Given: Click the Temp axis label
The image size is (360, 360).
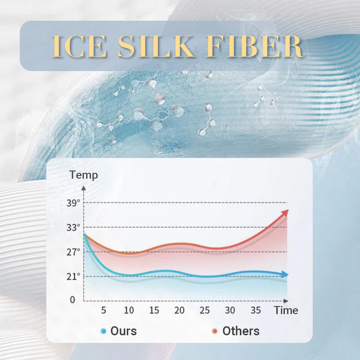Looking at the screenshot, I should pos(84,175).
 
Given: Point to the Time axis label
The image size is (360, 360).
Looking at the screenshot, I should pos(286,310).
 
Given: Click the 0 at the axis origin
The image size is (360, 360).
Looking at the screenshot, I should pos(73,300).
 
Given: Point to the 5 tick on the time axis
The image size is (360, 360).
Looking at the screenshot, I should pos(104,310).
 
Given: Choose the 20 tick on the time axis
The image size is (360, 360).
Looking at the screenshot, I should pos(180,310).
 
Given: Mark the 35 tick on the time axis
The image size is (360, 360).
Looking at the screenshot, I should pos(256,310).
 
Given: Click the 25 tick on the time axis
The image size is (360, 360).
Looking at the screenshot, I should pos(205,310).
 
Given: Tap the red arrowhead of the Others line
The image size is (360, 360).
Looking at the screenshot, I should pos(285,212).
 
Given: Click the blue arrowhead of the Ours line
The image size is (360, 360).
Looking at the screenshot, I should pos(285,274).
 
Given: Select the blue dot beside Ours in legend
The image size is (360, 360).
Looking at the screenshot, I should pos(103,331).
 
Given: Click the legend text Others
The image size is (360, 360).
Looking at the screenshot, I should pos(241,331).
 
